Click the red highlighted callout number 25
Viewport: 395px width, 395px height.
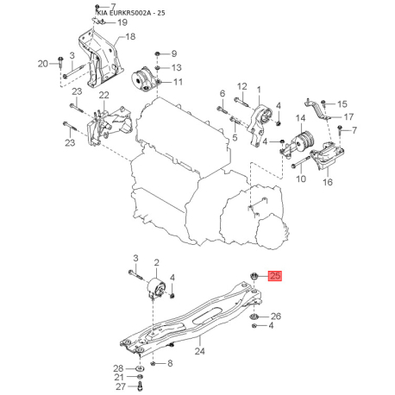click(x=275, y=276)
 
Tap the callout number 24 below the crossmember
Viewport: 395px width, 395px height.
click(x=199, y=351)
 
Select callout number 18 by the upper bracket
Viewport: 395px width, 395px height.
click(x=130, y=36)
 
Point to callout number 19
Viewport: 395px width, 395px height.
click(x=122, y=22)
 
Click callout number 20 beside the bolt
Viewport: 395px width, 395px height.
click(x=43, y=63)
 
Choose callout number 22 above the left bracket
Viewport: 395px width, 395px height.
click(x=104, y=95)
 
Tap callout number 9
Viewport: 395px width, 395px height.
click(x=174, y=53)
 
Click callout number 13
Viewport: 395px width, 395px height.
click(x=177, y=67)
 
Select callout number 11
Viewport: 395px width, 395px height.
click(x=178, y=82)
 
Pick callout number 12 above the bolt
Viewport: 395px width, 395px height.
click(x=242, y=86)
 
